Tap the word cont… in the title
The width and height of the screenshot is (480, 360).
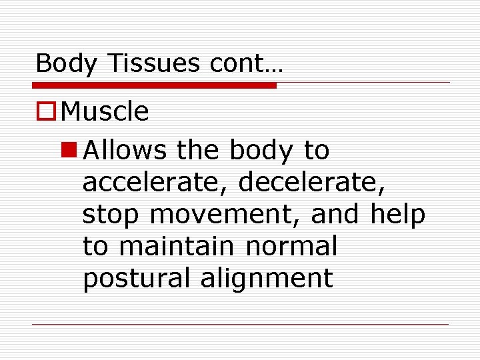pyautogui.click(x=246, y=63)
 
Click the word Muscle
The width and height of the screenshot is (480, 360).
pyautogui.click(x=104, y=112)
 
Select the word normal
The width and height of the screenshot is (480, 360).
pyautogui.click(x=292, y=247)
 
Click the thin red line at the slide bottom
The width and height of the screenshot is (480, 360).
pyautogui.click(x=240, y=325)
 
